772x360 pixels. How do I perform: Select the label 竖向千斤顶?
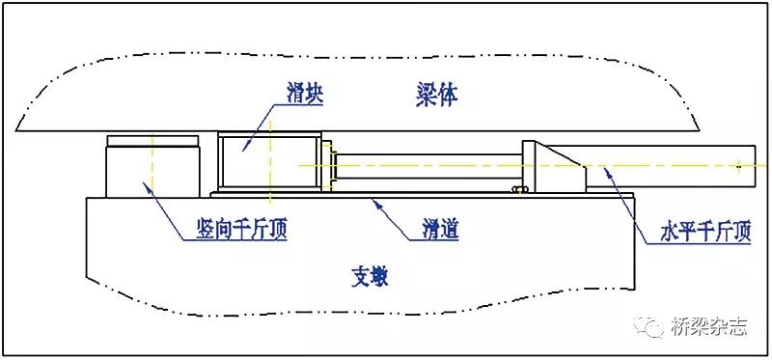234,231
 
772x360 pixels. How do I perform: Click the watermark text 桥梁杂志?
709,327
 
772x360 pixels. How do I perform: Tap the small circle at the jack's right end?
739,166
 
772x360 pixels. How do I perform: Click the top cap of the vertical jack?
152,142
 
